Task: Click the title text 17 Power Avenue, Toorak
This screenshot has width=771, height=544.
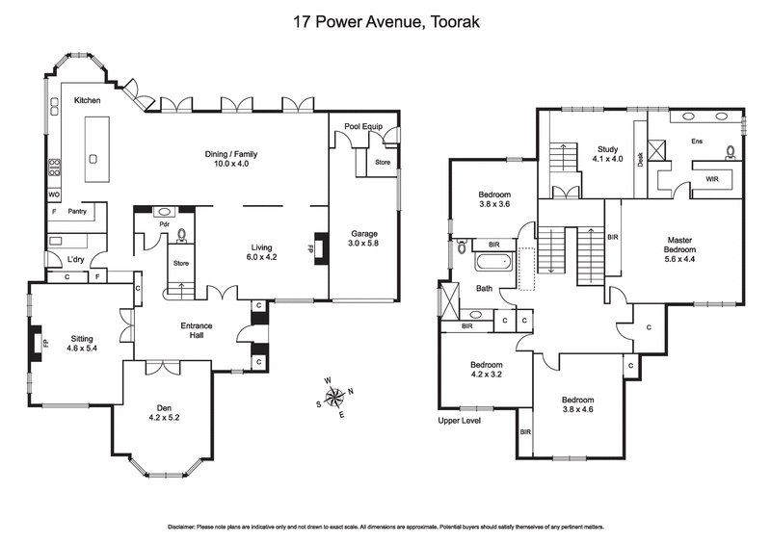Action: pos(385,20)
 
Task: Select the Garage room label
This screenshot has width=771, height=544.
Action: pos(363,234)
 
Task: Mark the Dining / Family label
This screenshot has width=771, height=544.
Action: pos(231,154)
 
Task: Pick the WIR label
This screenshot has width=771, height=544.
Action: pos(712,179)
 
